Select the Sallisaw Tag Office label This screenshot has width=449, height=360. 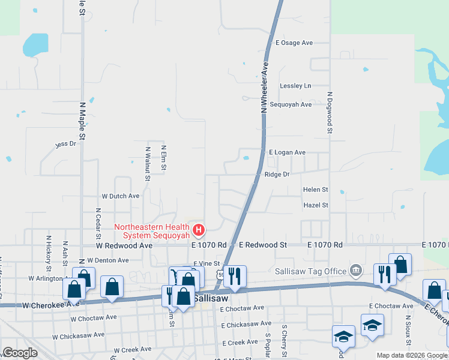pos(311,271)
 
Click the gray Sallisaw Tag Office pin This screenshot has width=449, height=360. pos(357,271)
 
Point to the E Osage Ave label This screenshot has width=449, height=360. pos(294,43)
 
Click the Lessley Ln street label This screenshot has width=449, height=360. pos(296,86)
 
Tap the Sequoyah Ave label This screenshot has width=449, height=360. pos(291,104)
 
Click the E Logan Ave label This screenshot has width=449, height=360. pos(287,152)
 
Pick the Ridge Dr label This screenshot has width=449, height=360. pos(277,174)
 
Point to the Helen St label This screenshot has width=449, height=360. pos(315,190)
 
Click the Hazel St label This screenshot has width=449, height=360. pos(316,205)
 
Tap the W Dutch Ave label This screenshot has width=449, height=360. pos(120,196)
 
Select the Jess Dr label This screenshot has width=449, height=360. pos(65,144)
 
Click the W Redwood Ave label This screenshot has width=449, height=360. pos(124,245)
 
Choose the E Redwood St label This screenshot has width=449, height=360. pos(263,245)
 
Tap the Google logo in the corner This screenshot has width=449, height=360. pos(20,353)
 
